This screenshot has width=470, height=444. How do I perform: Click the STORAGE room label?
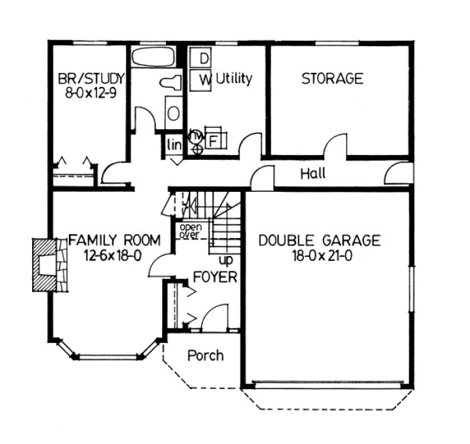[x=332, y=78]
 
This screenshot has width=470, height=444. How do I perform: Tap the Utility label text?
[x=234, y=79]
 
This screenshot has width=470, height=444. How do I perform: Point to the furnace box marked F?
[x=214, y=141]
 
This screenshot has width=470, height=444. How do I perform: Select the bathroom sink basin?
[x=173, y=112]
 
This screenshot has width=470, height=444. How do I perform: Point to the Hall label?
[x=313, y=174]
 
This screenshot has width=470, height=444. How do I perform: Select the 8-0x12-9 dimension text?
[x=90, y=93]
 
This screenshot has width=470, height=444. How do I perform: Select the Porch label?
[x=206, y=355]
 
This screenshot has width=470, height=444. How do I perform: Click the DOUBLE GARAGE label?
[x=320, y=240]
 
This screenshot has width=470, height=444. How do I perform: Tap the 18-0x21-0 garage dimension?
[x=320, y=255]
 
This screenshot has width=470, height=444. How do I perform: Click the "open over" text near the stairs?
[x=190, y=230]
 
